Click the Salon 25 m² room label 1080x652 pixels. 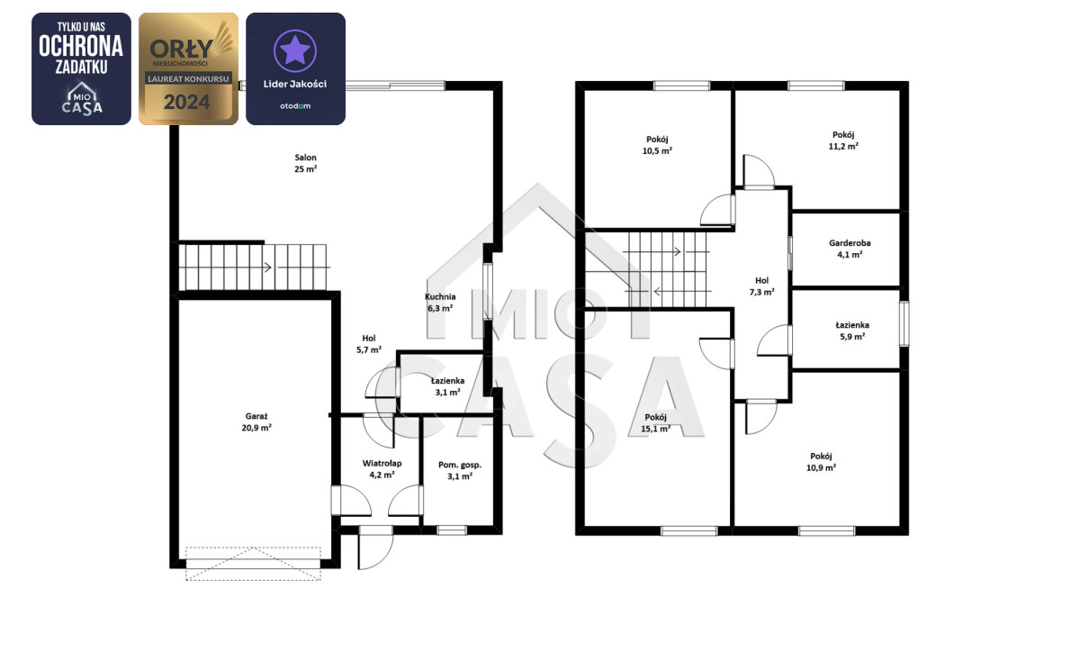click(x=306, y=163)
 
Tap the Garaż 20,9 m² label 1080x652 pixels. click(x=256, y=421)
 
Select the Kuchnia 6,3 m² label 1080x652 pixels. click(x=440, y=303)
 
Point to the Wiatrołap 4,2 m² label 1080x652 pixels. click(x=382, y=469)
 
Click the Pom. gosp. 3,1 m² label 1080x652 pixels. click(x=460, y=471)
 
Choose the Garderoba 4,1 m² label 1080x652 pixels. click(x=850, y=249)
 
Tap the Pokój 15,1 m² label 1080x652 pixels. click(x=656, y=422)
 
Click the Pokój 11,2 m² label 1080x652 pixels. click(x=843, y=140)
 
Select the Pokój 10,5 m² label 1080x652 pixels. click(x=657, y=145)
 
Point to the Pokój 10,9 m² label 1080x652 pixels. click(x=821, y=462)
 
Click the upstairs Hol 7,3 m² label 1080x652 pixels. click(x=761, y=286)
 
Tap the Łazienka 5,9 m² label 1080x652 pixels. click(x=852, y=331)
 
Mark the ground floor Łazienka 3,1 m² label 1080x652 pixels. click(x=447, y=386)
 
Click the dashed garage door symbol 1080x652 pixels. click(x=253, y=563)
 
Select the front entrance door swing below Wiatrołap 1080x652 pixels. click(x=375, y=548)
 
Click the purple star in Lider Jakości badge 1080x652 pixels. click(x=295, y=50)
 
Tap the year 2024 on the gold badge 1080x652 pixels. click(x=186, y=103)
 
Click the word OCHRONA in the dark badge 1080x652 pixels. click(x=81, y=46)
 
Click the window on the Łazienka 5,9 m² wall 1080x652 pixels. click(x=904, y=324)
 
